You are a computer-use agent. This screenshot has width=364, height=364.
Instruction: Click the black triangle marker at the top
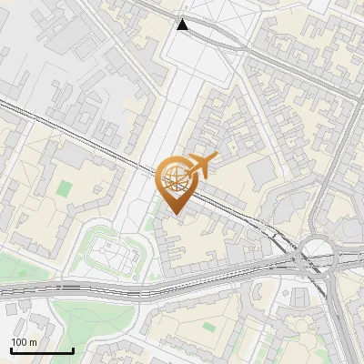coord(184,25)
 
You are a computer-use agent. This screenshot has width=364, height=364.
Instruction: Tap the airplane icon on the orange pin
coord(200,165)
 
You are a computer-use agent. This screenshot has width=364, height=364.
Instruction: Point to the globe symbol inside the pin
coord(176,176)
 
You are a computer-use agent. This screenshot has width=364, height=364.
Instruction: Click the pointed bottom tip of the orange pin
coord(176,213)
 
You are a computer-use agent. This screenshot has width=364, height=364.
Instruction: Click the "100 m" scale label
coord(25,342)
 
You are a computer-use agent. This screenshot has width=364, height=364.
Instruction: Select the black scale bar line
coord(42,350)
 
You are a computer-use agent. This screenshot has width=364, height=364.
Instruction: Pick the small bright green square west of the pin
coord(64,189)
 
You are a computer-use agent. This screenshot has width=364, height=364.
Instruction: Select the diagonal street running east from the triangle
coord(273,58)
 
